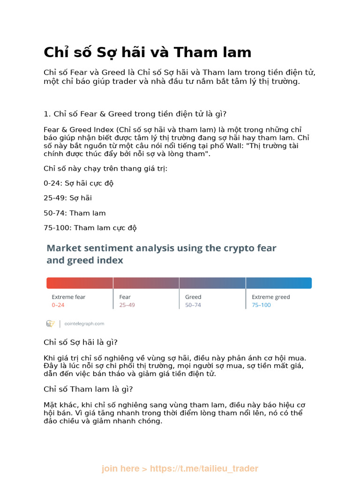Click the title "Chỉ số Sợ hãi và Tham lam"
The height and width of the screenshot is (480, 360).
point(147,52)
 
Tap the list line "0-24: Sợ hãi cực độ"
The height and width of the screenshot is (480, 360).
point(78,183)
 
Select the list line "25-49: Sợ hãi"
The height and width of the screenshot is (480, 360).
point(67,198)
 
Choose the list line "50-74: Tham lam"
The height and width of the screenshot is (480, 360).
point(75,213)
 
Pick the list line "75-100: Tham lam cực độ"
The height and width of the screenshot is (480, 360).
point(90,228)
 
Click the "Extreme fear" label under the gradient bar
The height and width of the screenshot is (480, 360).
point(68,297)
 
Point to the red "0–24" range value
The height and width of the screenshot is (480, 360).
point(58,305)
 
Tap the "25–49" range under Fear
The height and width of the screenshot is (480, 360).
point(127,305)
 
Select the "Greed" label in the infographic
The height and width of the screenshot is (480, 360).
point(193,297)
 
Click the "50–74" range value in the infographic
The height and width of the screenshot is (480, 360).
point(193,305)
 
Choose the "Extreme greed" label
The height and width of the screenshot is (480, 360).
point(271,297)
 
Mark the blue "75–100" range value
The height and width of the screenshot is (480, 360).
point(261,305)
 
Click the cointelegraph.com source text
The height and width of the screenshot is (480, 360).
point(84,323)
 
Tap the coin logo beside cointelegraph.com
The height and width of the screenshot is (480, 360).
point(50,323)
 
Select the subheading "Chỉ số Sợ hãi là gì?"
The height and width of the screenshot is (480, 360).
point(80,342)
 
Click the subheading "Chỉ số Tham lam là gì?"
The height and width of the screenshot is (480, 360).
point(89,389)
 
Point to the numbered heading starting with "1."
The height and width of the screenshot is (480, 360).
point(135,113)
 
